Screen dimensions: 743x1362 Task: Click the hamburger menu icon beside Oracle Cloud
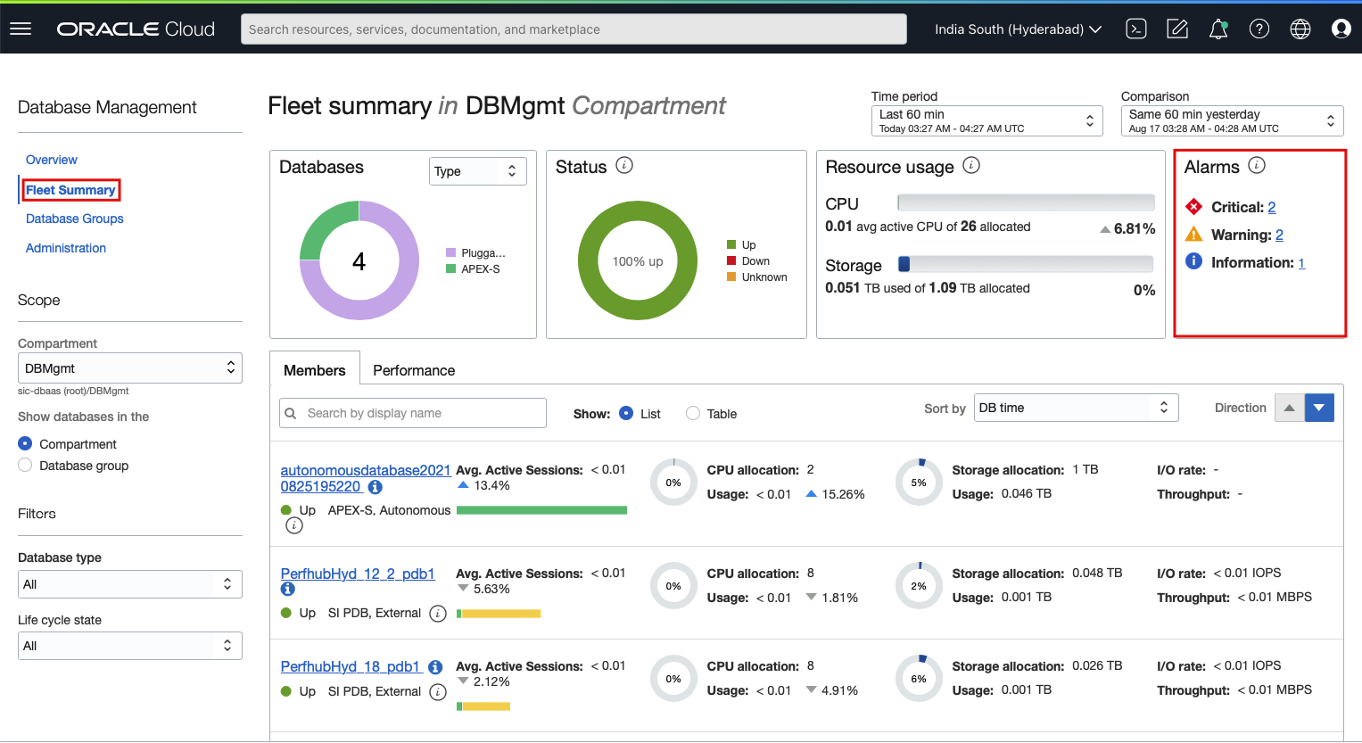[x=21, y=29]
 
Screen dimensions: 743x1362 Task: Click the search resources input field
[x=574, y=29]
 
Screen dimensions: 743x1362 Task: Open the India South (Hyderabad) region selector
[x=1017, y=29]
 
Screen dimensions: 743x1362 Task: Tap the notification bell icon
[x=1218, y=29]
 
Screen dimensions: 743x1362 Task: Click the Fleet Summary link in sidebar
[x=70, y=190]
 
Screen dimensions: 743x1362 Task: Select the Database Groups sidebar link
[x=75, y=219]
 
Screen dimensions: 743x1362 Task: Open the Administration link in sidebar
[x=66, y=248]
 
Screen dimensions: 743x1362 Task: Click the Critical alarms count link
[x=1271, y=207]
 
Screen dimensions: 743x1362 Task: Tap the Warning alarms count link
[x=1279, y=235]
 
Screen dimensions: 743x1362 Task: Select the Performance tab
[x=414, y=370]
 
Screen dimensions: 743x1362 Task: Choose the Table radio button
[x=693, y=413]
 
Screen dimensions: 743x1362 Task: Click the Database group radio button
[x=25, y=466]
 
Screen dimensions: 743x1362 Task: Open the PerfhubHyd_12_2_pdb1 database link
[x=358, y=574]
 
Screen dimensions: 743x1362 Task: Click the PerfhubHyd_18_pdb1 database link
[x=351, y=666]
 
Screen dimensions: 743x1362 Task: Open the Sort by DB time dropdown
[x=1076, y=408]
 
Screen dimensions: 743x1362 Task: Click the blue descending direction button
[x=1319, y=408]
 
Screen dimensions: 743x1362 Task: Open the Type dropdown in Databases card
[x=477, y=171]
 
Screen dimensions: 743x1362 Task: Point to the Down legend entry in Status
[x=755, y=261]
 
